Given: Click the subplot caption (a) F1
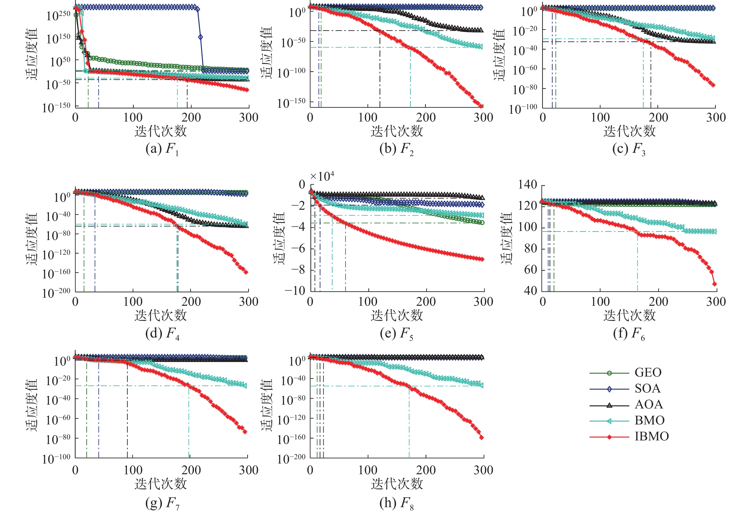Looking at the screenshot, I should pos(162,149).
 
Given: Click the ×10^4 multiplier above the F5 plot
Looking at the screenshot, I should pos(322,176).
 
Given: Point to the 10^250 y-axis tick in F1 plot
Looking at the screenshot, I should pos(58,15).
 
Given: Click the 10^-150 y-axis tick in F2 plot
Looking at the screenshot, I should pos(291,103).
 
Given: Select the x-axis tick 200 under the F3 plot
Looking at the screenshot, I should pos(658,117).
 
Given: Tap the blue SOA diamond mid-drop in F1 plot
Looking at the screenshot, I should pos(200,37).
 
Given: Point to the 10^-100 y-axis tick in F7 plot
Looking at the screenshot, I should pos(56,459).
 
